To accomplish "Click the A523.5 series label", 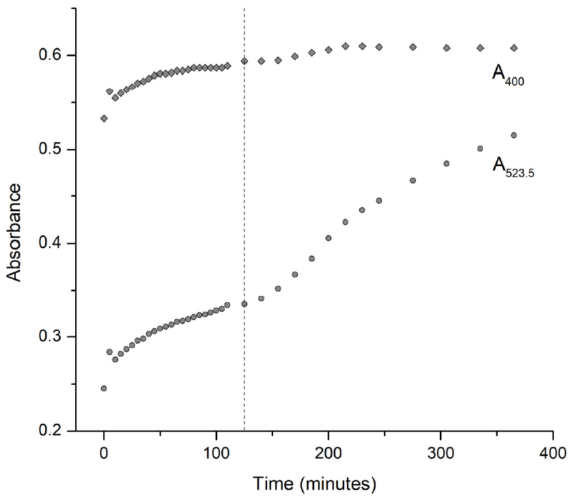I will [512, 167].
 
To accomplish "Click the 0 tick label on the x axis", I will [104, 453].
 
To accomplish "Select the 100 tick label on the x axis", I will [216, 453].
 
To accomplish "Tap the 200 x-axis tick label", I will [329, 453].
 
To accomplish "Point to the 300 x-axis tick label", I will [441, 453].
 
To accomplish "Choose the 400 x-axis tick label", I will [553, 453].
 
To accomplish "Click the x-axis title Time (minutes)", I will [315, 483].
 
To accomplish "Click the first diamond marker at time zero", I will [104, 118].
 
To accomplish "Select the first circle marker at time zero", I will [104, 388].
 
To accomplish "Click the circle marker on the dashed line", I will [244, 304].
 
